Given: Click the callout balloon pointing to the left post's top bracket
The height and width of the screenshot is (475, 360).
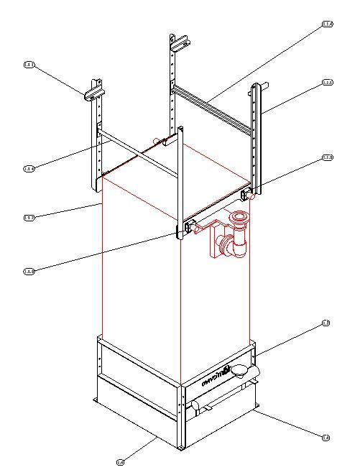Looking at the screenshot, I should point(29,65).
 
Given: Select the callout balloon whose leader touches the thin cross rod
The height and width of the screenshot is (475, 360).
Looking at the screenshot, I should point(29,168).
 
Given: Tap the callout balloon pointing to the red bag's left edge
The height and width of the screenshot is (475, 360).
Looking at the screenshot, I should point(29,217).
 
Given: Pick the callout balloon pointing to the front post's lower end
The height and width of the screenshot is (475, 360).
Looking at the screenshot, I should point(29,271).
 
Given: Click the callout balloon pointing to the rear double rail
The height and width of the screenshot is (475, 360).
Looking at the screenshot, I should point(328,25).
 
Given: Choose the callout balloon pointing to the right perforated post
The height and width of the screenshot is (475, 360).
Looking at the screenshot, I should point(328,83).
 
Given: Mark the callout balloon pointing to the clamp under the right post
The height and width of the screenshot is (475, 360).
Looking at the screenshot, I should point(328,157).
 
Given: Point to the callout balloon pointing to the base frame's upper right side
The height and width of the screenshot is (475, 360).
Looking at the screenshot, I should point(326,323).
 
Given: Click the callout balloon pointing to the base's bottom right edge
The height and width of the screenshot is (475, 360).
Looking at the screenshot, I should point(326,437).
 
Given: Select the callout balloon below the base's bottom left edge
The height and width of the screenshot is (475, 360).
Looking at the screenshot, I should point(120,461).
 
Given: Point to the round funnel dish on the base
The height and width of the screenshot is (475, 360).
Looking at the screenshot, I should point(244,371).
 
